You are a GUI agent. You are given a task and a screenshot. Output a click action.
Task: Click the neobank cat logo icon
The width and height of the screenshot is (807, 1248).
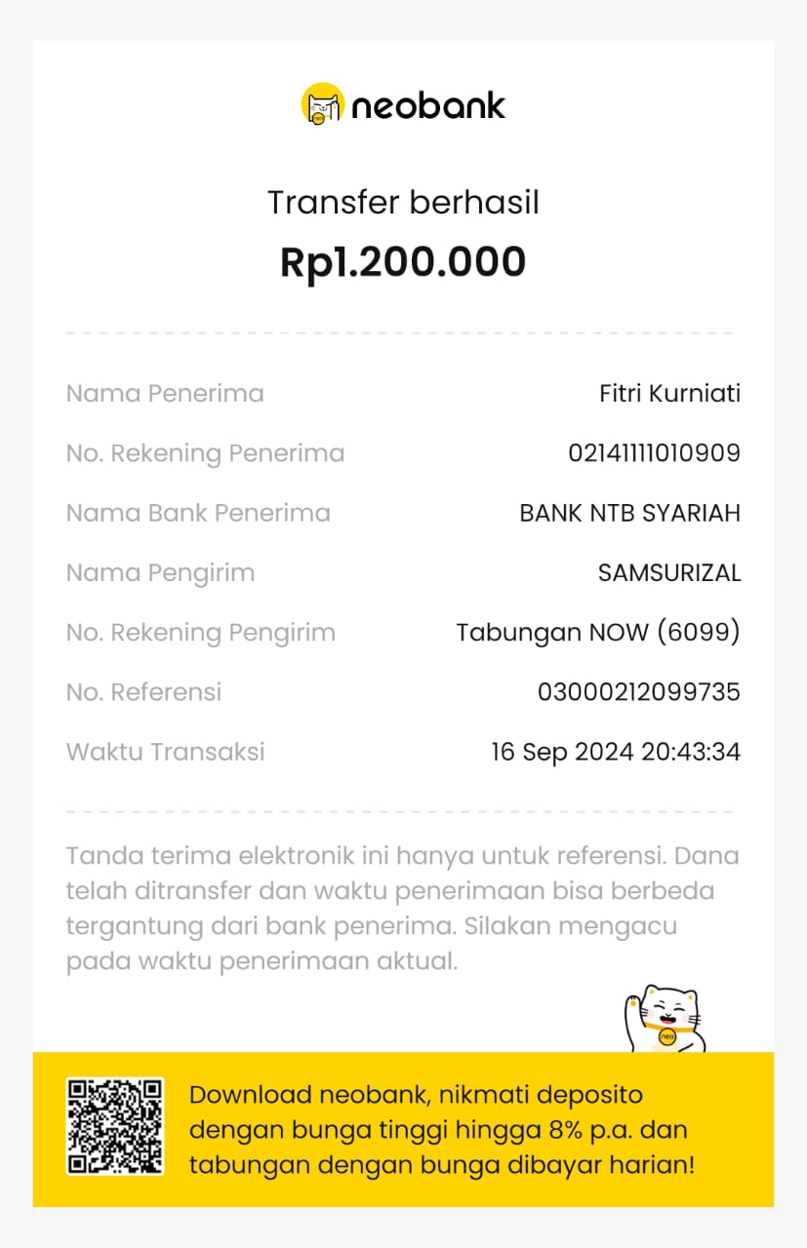[322, 104]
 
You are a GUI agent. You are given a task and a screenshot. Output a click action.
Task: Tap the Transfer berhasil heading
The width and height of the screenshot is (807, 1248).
[403, 203]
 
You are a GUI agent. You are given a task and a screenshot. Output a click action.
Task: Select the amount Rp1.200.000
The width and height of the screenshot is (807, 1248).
[403, 261]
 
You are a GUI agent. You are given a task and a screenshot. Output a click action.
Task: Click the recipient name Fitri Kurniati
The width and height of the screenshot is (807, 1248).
[669, 394]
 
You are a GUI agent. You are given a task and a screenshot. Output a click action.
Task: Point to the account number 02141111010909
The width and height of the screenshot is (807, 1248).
[654, 453]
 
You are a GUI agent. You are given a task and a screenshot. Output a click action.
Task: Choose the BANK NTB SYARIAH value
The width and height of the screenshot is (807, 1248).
[629, 513]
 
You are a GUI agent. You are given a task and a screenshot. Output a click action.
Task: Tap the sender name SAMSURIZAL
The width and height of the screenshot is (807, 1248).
[669, 573]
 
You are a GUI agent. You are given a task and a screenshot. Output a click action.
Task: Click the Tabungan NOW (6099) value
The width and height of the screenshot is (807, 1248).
[598, 633]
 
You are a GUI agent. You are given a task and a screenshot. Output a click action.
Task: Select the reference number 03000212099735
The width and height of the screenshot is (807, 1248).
[639, 692]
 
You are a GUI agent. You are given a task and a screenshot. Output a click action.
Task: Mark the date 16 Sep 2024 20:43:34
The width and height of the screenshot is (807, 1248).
[615, 752]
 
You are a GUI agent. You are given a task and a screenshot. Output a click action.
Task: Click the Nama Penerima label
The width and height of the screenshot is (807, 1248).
[165, 394]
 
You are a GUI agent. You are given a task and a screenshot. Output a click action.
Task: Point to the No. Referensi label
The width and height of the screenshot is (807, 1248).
[143, 692]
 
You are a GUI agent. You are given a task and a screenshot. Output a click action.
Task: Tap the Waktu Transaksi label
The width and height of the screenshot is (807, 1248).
[165, 752]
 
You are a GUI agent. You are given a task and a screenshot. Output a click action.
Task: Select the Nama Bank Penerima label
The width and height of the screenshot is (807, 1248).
[198, 513]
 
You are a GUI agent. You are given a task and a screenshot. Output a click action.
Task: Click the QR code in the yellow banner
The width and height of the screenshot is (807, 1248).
[114, 1126]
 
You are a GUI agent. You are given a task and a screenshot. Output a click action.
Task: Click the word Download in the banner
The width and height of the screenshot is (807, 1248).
[250, 1095]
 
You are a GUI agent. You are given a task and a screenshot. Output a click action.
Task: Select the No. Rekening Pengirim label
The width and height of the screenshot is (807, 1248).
[200, 633]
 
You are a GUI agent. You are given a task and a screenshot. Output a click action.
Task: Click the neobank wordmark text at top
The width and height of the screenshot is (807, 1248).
[428, 105]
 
